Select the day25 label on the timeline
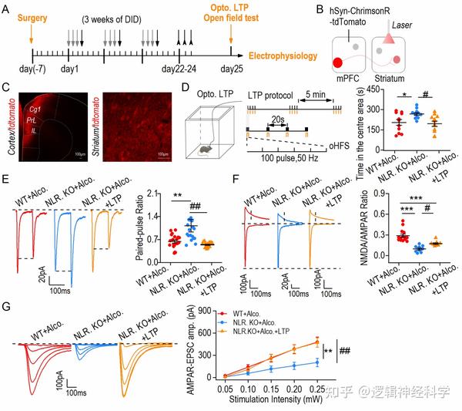[232, 70]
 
